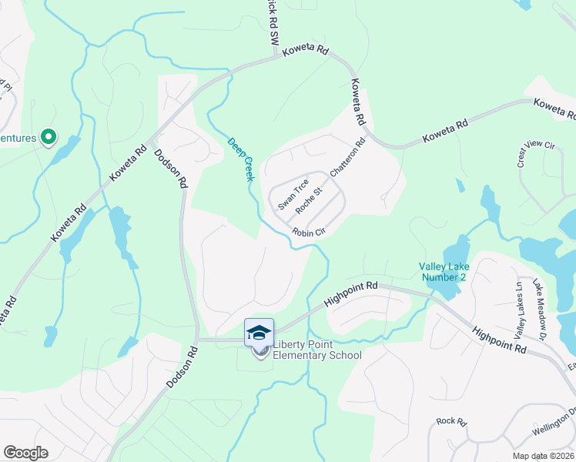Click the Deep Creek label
[x=241, y=159]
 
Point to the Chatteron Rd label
[x=347, y=158]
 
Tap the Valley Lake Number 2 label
[x=443, y=271]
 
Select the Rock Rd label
[x=451, y=421]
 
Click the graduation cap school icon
[x=260, y=333]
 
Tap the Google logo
[x=25, y=453]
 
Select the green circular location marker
[x=48, y=137]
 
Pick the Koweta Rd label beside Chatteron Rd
[x=357, y=103]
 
